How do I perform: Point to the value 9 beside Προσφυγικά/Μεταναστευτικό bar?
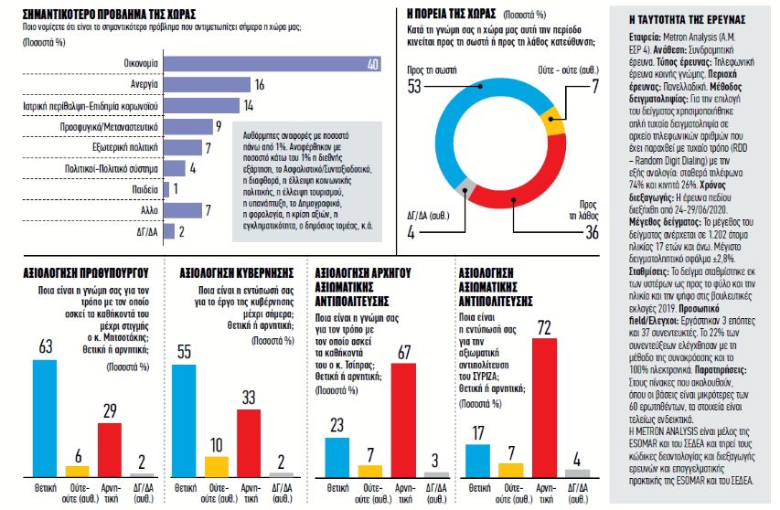pyautogui.click(x=219, y=126)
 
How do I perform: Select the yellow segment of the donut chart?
pyautogui.click(x=554, y=119)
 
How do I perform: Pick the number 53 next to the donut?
pyautogui.click(x=413, y=86)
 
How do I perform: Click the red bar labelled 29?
pyautogui.click(x=110, y=449)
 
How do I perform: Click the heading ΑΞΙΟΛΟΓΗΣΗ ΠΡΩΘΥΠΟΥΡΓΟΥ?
pyautogui.click(x=80, y=271)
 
